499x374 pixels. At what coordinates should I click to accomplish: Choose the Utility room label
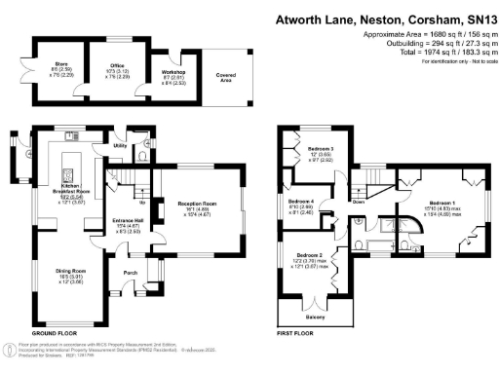tap(120, 145)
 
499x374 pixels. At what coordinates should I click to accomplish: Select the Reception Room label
tap(195, 204)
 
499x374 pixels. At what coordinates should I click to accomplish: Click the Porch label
tap(128, 271)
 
